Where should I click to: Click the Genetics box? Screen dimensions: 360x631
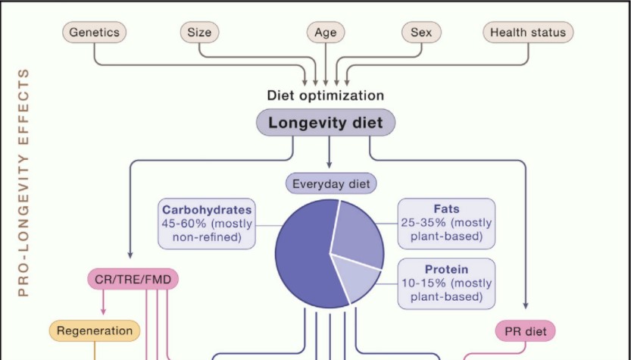click(94, 33)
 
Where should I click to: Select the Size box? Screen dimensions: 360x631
click(200, 33)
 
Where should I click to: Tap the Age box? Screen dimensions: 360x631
click(326, 33)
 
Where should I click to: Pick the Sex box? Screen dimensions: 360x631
click(420, 33)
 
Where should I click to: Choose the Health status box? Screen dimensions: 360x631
click(528, 33)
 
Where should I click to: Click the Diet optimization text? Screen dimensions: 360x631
click(326, 95)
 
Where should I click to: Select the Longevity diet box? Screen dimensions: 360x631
click(326, 123)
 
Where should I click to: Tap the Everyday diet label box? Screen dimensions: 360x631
click(330, 183)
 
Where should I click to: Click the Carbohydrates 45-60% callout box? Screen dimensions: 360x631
click(206, 224)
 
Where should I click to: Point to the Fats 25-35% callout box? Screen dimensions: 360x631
click(446, 223)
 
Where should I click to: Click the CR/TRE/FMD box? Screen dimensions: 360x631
click(133, 280)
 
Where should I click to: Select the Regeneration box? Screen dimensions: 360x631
click(95, 330)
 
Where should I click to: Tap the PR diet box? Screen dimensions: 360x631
click(526, 330)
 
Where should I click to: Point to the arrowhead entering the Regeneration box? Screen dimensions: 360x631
click(103, 311)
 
